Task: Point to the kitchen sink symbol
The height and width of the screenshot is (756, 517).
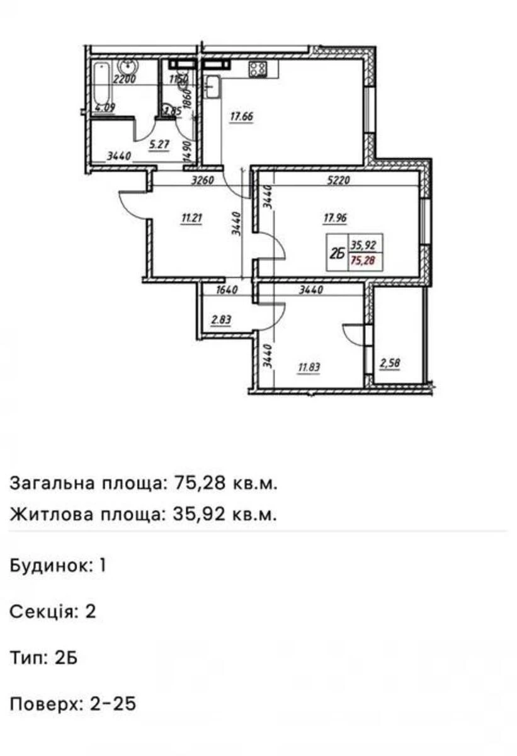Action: point(212,86)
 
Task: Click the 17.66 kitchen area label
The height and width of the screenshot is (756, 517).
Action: point(242,116)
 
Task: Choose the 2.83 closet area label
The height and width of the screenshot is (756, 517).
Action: point(222,320)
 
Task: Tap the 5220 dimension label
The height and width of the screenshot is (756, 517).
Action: point(338,180)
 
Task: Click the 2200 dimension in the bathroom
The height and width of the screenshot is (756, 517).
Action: point(125,79)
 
